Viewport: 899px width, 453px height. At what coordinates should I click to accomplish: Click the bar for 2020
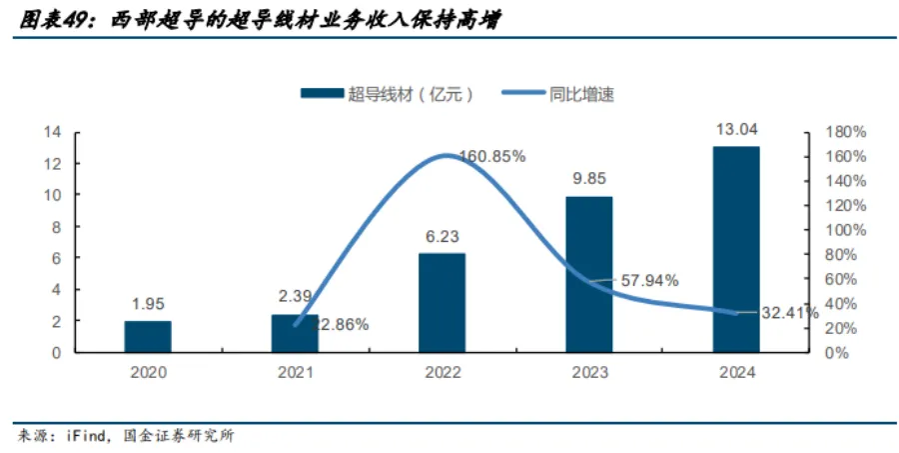[148, 337]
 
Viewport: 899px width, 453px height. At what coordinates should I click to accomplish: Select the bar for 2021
[295, 334]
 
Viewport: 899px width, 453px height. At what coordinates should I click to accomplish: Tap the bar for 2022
[442, 303]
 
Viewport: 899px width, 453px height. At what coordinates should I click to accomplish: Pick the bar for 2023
[588, 275]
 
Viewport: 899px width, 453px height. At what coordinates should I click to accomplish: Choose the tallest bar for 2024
[735, 250]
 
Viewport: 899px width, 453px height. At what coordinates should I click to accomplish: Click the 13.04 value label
[735, 129]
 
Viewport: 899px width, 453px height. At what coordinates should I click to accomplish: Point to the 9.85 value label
[588, 180]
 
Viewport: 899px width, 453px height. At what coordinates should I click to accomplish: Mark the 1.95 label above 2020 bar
[148, 304]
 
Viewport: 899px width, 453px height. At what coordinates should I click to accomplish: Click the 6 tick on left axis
[57, 258]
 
